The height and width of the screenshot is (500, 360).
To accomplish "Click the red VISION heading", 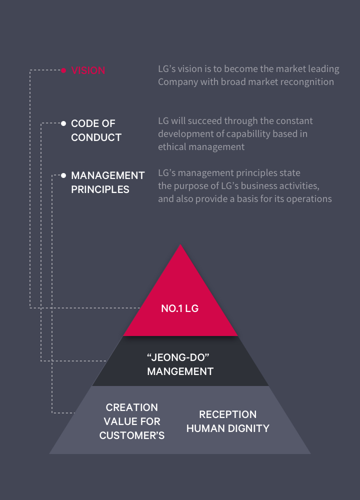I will click(88, 70).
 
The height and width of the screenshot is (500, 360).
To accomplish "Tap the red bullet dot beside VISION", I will click(63, 70).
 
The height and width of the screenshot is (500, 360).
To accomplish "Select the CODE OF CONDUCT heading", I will click(96, 130).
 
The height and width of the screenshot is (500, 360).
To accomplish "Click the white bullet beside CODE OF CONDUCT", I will click(63, 123).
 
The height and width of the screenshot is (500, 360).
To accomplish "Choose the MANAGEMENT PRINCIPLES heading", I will click(107, 182).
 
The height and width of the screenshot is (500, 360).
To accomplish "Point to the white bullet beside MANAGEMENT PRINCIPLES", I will click(63, 175).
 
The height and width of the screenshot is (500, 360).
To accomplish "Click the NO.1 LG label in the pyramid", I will click(180, 308).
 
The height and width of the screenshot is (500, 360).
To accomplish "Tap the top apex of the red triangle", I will click(180, 245).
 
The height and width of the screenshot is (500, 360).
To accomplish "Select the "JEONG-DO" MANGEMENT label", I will click(180, 365).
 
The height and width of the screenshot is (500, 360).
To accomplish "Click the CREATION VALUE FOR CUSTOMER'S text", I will click(132, 421).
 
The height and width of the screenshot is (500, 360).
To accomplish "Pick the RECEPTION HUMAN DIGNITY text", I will click(228, 421).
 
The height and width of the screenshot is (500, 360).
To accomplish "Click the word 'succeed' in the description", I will click(205, 120).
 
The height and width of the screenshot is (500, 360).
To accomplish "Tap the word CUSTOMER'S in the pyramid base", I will click(132, 435).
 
